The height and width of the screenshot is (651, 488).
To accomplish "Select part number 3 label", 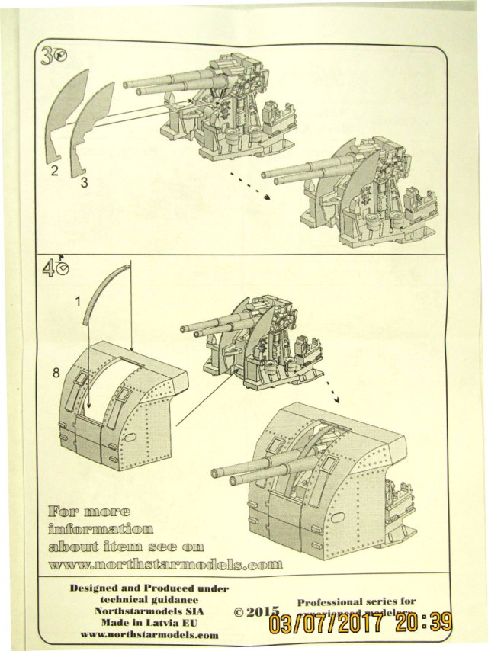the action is pos(84,182).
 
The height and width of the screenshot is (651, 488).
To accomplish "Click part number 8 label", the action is pos(56,372).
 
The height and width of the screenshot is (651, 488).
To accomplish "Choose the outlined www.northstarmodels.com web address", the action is pos(165,565).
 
